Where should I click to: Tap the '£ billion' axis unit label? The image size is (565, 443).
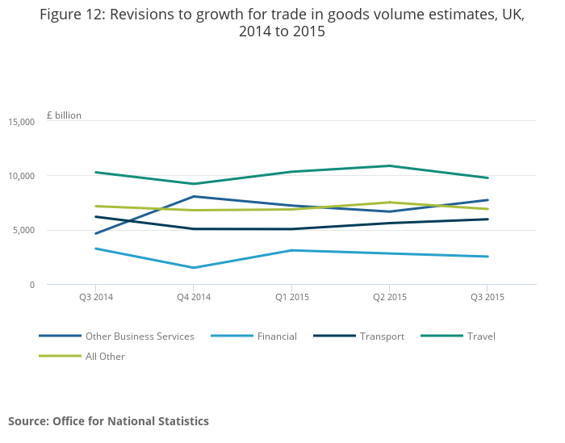coord(64,115)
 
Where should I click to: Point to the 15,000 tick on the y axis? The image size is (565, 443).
coord(21,122)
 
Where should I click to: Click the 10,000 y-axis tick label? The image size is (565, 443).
coord(21,176)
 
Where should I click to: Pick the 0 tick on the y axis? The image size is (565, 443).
coord(31,285)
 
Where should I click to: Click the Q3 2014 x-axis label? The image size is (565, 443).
coord(96,297)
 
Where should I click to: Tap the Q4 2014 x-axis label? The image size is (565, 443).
coord(194,297)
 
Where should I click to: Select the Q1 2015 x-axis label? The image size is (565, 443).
coord(291,297)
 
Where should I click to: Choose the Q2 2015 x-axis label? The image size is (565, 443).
coord(390,297)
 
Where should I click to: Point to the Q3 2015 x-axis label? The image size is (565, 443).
coord(488,297)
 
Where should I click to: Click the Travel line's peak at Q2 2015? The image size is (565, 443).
coord(390,166)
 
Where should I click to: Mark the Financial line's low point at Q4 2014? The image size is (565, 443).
coord(194,268)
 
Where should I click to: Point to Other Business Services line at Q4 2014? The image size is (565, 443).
coord(194,196)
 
